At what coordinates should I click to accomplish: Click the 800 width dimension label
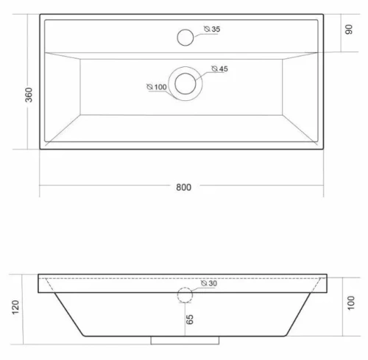pos(183,187)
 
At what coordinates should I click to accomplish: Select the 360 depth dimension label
pos(29,95)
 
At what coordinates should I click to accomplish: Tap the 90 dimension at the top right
pos(349,29)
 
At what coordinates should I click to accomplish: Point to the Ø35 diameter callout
pos(212,29)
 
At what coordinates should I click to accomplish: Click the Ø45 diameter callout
pos(220,68)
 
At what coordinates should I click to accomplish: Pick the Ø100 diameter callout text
pos(157,87)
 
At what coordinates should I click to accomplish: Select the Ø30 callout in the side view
pos(209,283)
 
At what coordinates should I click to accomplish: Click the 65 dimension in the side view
pos(189,320)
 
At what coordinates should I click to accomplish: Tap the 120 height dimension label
pos(15,307)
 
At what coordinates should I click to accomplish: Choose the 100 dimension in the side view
pos(351,303)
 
